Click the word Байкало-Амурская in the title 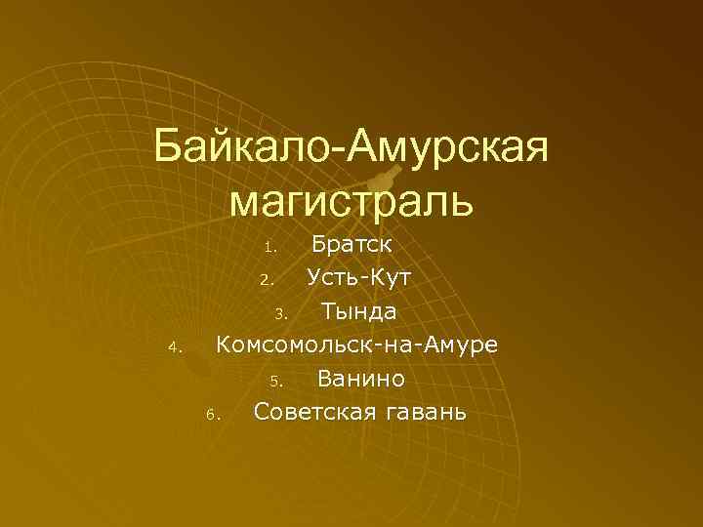pos(351,148)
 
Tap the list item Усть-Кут pos(358,277)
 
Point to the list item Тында pos(358,311)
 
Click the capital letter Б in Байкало pos(170,148)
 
